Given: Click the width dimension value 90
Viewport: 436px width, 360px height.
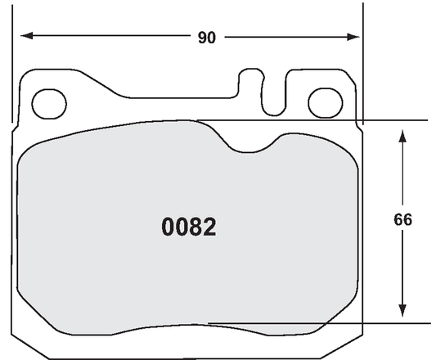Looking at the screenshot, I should click(x=206, y=38).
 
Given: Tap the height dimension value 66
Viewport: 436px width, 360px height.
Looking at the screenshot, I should click(x=402, y=220).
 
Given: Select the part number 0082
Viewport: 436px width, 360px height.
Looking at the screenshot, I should click(x=189, y=227).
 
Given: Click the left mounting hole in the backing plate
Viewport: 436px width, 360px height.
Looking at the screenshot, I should click(x=50, y=103).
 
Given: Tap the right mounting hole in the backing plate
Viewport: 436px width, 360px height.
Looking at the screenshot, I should click(x=325, y=103).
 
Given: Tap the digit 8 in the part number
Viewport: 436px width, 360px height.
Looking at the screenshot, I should click(x=196, y=227).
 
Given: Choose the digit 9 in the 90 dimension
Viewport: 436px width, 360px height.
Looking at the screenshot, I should click(x=201, y=38).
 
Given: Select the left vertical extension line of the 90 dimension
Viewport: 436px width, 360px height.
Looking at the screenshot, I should click(x=14, y=65).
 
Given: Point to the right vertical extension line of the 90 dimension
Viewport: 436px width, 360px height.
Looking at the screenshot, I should click(x=362, y=65).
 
